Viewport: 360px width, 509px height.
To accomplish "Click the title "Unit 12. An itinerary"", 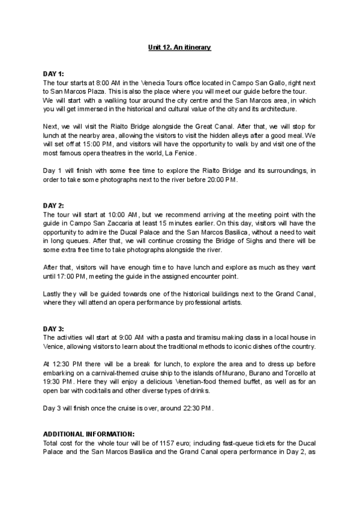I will click(179, 47).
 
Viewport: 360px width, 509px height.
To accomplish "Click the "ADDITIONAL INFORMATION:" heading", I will click(89, 434).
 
